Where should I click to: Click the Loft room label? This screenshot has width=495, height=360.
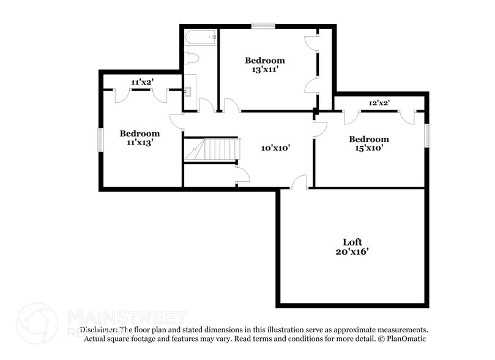coord(352,242)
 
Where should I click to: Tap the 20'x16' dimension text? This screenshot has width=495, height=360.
coord(352,251)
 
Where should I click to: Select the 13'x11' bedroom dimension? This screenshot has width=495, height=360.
coord(264,70)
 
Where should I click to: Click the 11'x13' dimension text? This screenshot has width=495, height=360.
coord(140,142)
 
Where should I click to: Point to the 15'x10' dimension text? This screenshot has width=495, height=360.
coord(369,148)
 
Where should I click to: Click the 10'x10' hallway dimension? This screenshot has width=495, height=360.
coord(275,148)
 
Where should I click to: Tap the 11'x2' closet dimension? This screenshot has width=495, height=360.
coord(142,82)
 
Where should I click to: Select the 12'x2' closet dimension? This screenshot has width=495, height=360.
coord(379,103)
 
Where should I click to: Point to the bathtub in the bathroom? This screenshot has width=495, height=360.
coord(201,38)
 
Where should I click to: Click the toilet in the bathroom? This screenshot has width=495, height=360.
coord(192,59)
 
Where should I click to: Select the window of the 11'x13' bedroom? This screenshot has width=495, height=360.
coord(101,140)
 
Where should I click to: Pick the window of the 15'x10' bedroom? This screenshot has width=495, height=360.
coord(427,135)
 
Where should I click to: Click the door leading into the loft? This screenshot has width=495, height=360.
coord(299,182)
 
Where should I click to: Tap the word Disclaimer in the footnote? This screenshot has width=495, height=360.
coord(98,329)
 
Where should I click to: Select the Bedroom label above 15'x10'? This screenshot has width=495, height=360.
coord(369,139)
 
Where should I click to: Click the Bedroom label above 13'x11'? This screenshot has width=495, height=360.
coord(264,61)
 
